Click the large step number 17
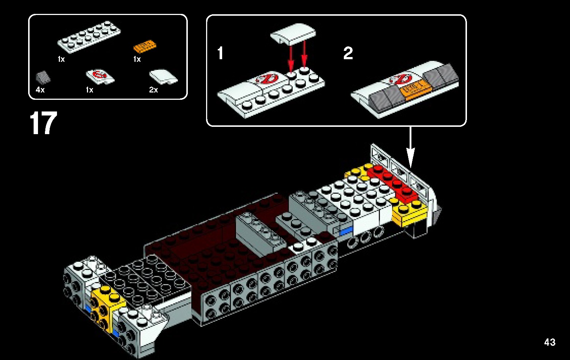[x=43, y=124]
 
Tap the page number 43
[x=550, y=342]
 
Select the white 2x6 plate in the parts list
[x=89, y=37]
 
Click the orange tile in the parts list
[x=145, y=47]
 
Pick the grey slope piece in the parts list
[x=43, y=77]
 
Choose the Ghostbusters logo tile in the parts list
[x=100, y=76]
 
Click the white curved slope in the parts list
[x=163, y=77]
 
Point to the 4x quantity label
[x=40, y=90]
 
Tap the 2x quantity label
[x=153, y=90]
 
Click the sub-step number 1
[x=220, y=53]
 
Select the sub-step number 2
[x=348, y=53]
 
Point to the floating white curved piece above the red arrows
[x=293, y=34]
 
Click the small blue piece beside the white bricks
[x=346, y=231]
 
